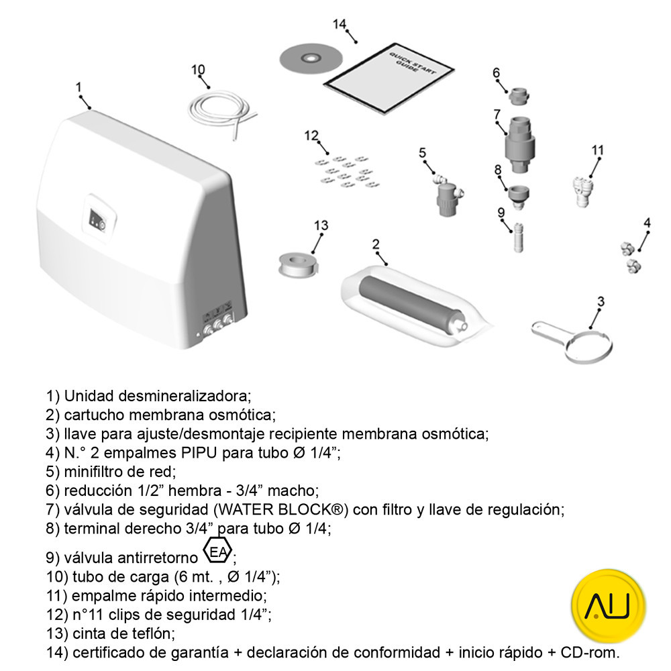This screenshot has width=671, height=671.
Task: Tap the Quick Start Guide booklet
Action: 389,78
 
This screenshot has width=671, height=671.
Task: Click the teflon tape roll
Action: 298,264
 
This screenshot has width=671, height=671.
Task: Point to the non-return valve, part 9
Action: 518,238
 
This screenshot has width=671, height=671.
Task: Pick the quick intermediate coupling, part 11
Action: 582,192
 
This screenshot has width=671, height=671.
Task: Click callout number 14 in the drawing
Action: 340,24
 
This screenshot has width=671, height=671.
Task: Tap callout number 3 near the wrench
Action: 601,302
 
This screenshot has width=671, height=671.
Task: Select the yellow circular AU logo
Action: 608,606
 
